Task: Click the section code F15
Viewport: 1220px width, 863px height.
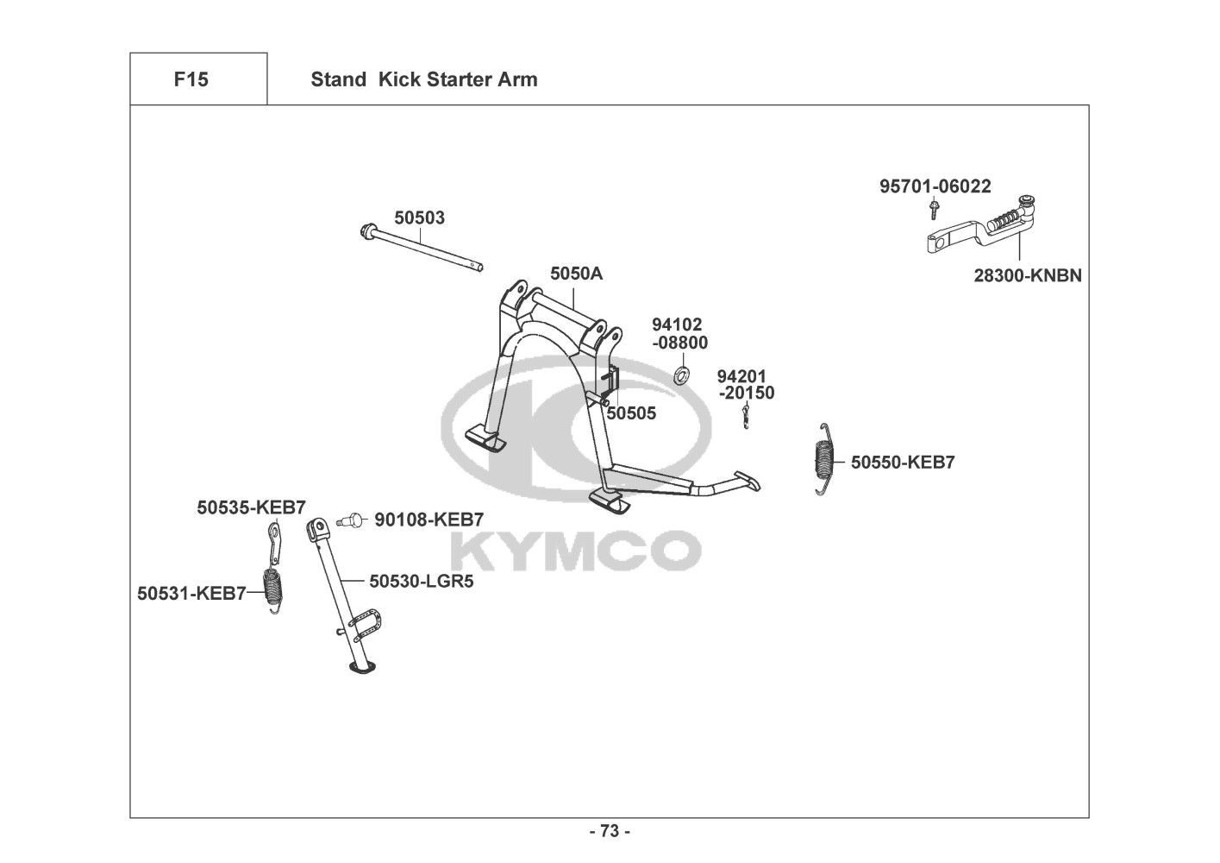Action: point(191,79)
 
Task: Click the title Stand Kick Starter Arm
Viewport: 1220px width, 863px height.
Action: point(423,79)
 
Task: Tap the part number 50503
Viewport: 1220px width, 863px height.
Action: point(420,217)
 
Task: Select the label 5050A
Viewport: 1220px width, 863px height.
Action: point(576,274)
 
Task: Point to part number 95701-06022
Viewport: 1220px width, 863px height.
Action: point(935,186)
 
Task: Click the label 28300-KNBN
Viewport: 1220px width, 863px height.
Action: point(1028,275)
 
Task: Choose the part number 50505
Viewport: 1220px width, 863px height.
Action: point(631,413)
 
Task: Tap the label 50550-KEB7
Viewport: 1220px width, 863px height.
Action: point(902,462)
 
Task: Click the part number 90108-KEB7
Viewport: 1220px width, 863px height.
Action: point(428,519)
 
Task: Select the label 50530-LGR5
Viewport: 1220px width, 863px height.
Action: point(421,581)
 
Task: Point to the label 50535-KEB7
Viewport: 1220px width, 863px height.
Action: point(251,507)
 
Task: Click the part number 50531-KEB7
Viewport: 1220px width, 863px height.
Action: point(191,593)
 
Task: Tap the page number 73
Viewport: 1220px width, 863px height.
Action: point(610,831)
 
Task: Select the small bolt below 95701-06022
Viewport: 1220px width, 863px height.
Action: point(934,209)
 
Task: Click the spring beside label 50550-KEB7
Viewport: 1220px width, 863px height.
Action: point(825,459)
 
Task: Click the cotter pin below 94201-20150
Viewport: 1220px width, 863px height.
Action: point(744,416)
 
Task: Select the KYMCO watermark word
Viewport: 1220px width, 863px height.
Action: point(575,550)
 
